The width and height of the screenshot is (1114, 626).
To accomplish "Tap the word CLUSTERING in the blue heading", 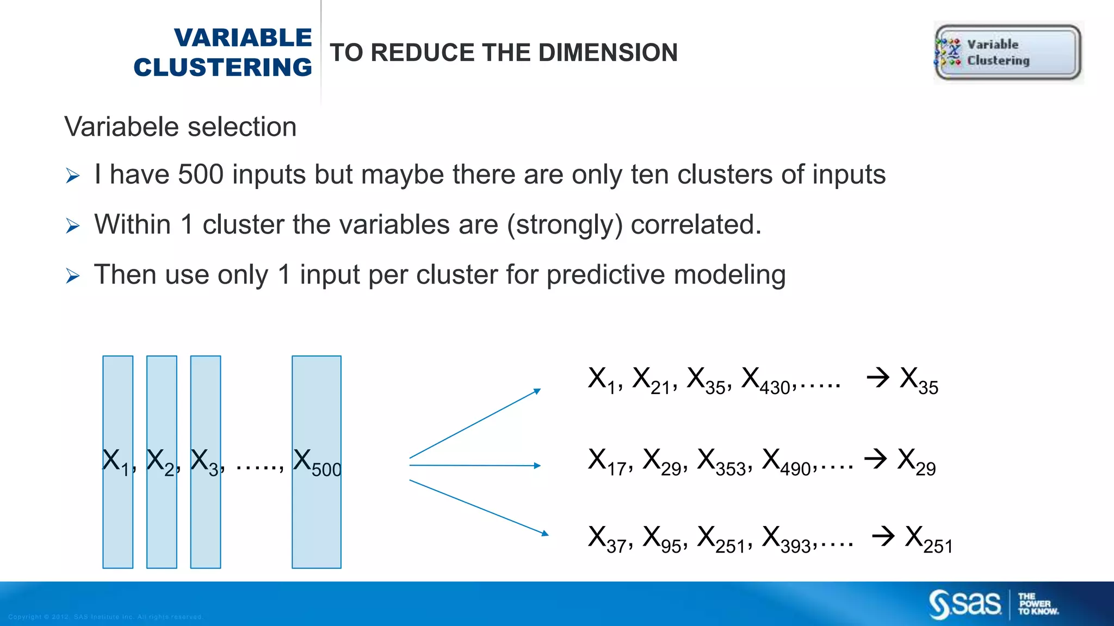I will coord(223,67).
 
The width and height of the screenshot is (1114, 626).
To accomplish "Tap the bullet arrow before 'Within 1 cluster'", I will coord(72,226).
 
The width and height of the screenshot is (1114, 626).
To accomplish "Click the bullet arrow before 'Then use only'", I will coord(72,276).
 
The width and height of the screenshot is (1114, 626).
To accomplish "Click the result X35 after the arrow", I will coord(919,380).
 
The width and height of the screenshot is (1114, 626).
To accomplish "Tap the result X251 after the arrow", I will coord(929,539).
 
